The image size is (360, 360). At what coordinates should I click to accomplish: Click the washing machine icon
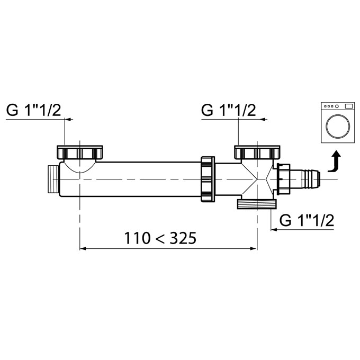point(338,122)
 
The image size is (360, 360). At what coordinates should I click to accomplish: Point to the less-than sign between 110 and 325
point(160,239)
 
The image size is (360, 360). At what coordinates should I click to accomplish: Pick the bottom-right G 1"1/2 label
point(307,220)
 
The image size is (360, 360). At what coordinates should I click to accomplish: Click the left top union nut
point(79,152)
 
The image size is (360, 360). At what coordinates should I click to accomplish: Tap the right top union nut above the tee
point(257,152)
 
